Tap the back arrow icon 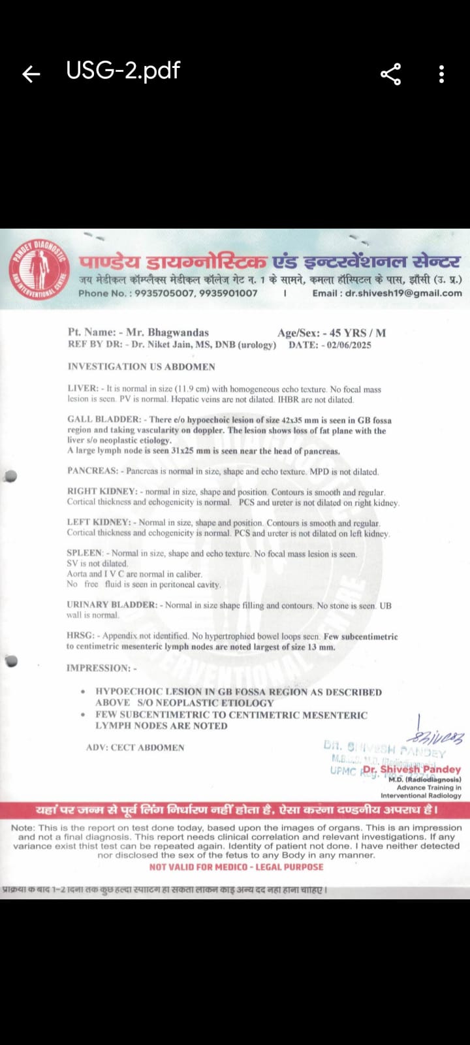31,74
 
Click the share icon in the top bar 390,74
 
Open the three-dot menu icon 442,74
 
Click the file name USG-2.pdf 123,71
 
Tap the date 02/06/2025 349,345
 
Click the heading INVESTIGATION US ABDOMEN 141,367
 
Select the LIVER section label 82,389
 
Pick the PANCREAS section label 92,471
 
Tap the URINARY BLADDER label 112,605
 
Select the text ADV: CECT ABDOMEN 135,747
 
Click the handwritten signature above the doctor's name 436,737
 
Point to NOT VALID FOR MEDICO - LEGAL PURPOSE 236,867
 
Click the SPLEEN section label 85,553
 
